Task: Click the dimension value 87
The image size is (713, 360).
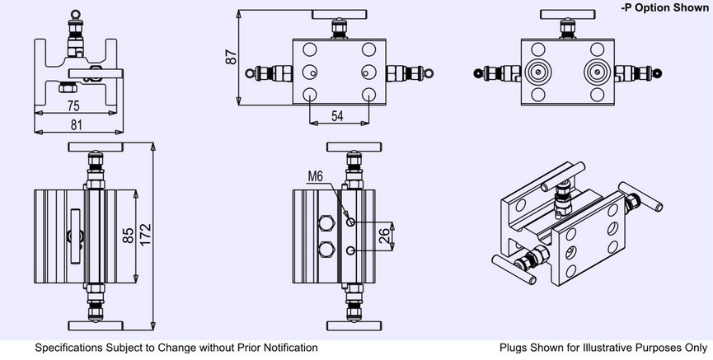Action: pyautogui.click(x=232, y=57)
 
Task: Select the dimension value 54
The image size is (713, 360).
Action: pyautogui.click(x=337, y=116)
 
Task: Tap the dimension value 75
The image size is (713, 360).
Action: pyautogui.click(x=73, y=105)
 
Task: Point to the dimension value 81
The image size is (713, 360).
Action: pyautogui.click(x=75, y=124)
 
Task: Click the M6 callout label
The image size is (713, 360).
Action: pyautogui.click(x=317, y=176)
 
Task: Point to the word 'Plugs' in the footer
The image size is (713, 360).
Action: pyautogui.click(x=515, y=348)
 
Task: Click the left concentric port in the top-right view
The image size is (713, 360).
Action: pyautogui.click(x=537, y=72)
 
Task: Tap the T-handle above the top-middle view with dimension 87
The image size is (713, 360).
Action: pyautogui.click(x=336, y=14)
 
